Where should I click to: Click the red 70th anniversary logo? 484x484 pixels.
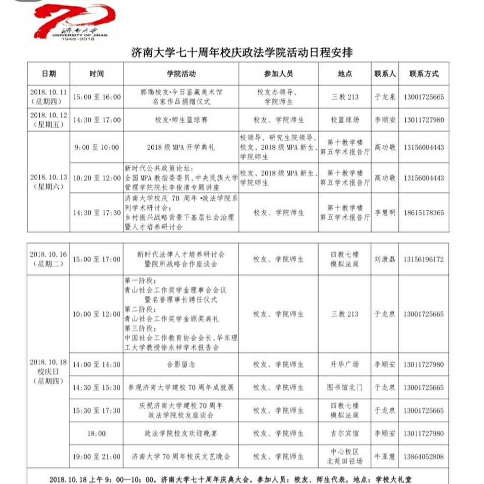pyautogui.click(x=75, y=23)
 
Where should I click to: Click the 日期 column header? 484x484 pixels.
pyautogui.click(x=49, y=74)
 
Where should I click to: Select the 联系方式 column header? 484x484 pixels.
pyautogui.click(x=423, y=74)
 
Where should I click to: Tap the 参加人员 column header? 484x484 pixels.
pyautogui.click(x=278, y=74)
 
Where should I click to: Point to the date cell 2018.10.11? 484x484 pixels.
pyautogui.click(x=48, y=97)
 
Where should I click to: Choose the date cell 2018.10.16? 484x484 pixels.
pyautogui.click(x=48, y=259)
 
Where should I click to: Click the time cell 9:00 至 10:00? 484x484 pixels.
pyautogui.click(x=97, y=147)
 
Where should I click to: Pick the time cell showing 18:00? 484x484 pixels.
pyautogui.click(x=97, y=433)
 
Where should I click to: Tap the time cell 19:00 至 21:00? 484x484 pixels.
pyautogui.click(x=97, y=456)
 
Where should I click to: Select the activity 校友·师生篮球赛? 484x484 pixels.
pyautogui.click(x=181, y=120)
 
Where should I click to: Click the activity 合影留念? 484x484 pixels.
pyautogui.click(x=181, y=365)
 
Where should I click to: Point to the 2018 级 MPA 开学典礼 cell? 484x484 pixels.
pyautogui.click(x=181, y=147)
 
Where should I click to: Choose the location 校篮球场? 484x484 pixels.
pyautogui.click(x=345, y=120)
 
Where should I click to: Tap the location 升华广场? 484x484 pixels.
pyautogui.click(x=345, y=365)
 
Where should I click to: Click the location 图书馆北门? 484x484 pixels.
pyautogui.click(x=345, y=388)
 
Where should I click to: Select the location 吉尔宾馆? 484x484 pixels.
pyautogui.click(x=345, y=433)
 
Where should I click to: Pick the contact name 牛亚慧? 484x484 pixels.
pyautogui.click(x=385, y=456)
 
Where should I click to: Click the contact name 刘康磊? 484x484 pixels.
pyautogui.click(x=385, y=259)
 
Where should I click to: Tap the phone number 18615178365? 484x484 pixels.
pyautogui.click(x=423, y=213)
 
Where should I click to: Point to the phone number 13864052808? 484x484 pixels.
pyautogui.click(x=423, y=456)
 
